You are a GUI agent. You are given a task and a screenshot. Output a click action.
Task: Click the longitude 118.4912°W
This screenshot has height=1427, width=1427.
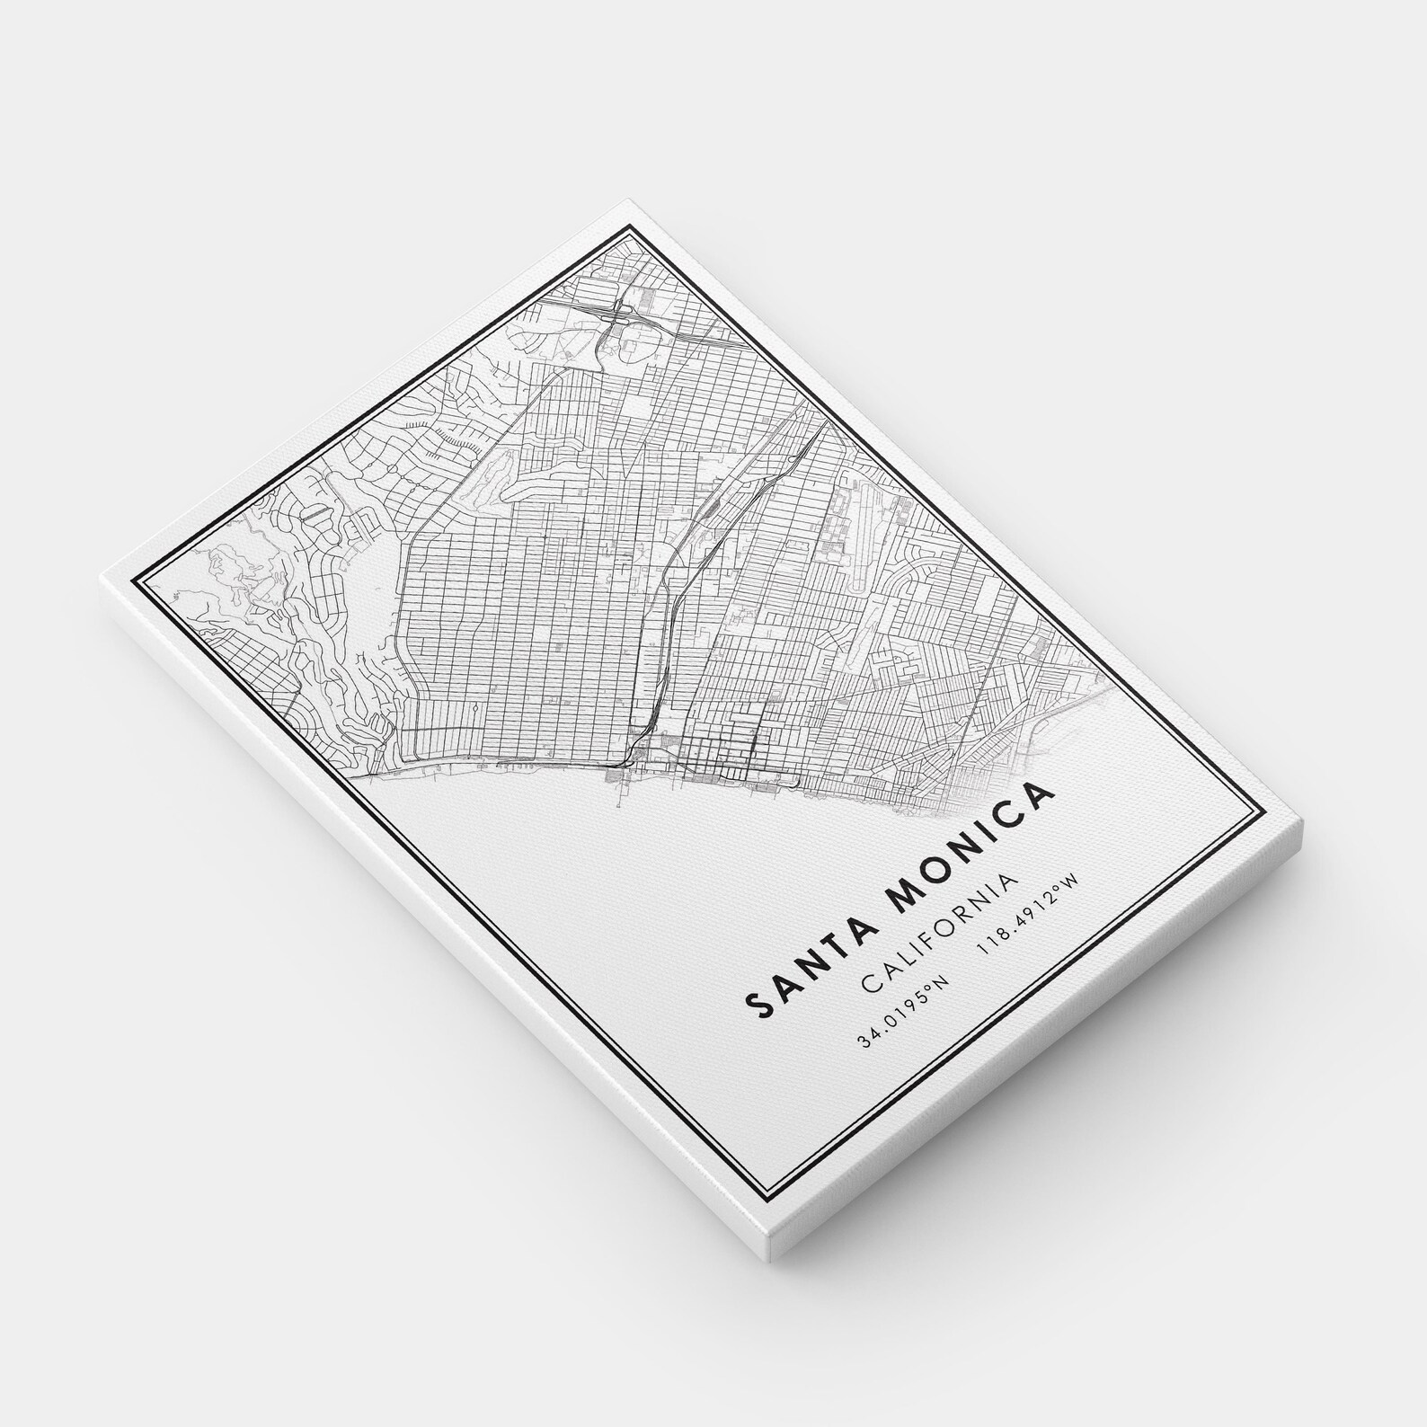click(x=1034, y=918)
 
